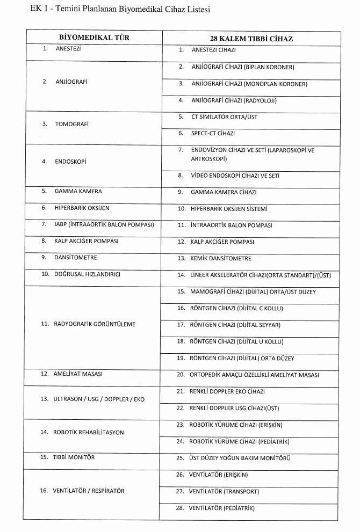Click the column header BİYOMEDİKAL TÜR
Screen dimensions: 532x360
point(94,38)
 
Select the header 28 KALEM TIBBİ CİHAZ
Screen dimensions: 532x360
point(251,39)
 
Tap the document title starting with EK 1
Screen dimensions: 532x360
point(116,10)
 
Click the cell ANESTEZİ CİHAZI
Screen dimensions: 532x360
point(214,50)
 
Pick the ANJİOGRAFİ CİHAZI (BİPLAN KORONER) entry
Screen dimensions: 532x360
point(242,67)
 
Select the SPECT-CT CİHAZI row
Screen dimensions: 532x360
point(213,133)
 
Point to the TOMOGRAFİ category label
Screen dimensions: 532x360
point(72,124)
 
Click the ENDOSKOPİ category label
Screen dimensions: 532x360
point(70,162)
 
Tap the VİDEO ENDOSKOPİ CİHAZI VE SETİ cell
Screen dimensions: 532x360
point(235,176)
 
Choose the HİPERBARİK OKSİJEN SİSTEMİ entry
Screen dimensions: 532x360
point(229,209)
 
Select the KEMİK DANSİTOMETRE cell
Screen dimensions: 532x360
point(221,258)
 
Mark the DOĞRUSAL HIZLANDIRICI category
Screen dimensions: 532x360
point(87,274)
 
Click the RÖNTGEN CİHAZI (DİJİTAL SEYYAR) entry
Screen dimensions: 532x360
point(235,325)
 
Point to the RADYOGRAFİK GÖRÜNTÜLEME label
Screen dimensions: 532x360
point(95,324)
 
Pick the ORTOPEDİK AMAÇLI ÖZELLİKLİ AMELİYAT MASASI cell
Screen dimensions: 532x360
point(254,375)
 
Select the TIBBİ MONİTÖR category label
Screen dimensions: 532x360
point(74,457)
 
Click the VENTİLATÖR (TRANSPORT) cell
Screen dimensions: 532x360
point(224,491)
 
